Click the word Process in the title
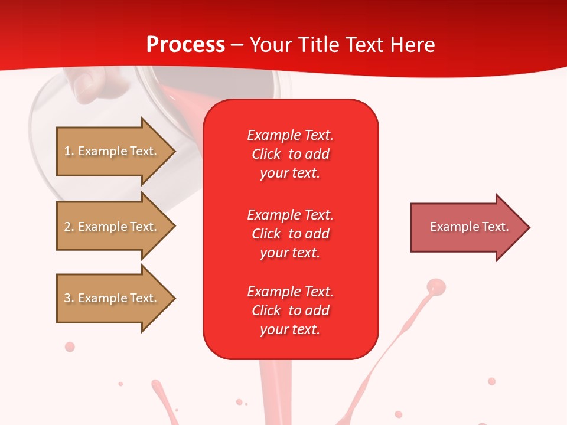185,45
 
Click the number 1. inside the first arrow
69,151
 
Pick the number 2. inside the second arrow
69,227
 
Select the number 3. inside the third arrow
69,298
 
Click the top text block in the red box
290,154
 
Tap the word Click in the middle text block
266,234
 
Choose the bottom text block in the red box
290,310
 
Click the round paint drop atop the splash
436,287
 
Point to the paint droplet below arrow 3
70,346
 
